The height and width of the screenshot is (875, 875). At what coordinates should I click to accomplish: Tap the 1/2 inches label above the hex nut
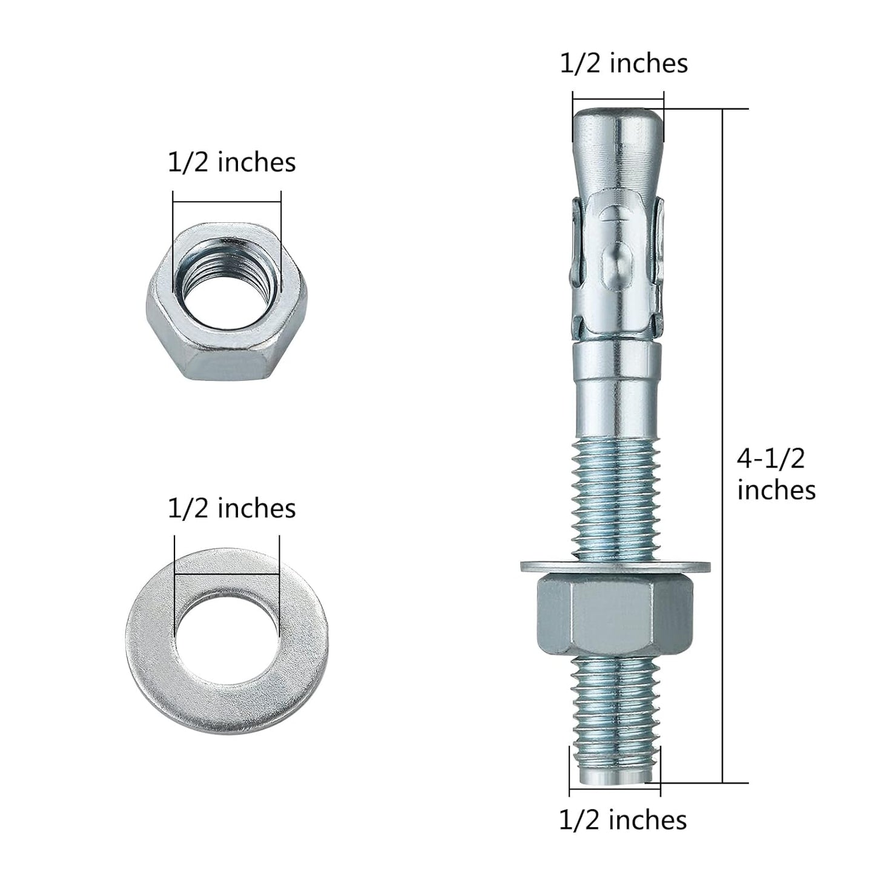click(x=232, y=163)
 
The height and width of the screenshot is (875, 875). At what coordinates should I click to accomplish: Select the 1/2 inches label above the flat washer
click(x=232, y=508)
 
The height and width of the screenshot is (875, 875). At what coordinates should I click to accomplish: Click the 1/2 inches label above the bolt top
click(x=624, y=64)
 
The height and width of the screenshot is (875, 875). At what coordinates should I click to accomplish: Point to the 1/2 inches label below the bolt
click(x=622, y=820)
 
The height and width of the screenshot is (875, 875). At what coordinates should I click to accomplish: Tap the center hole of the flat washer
click(x=227, y=632)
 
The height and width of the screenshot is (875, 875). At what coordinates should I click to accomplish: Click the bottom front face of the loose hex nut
click(x=227, y=364)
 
